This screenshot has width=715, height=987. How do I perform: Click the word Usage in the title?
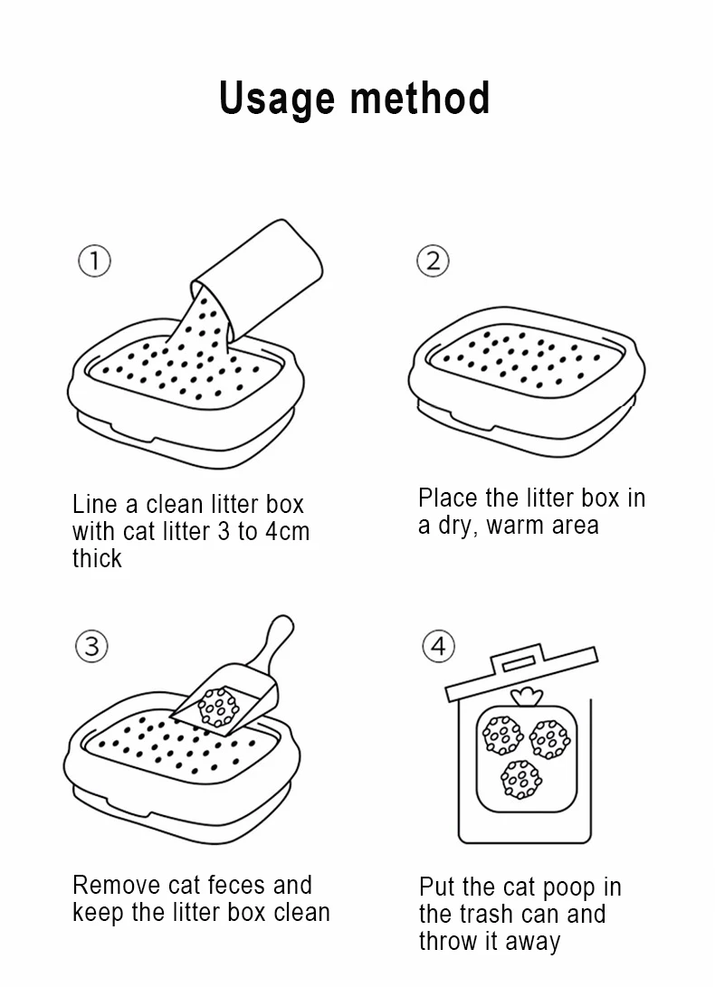277,100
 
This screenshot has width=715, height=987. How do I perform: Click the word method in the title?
420,98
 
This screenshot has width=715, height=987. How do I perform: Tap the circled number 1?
94,261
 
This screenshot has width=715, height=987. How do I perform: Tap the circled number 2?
433,261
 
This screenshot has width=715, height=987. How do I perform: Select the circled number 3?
92,647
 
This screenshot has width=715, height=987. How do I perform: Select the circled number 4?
438,647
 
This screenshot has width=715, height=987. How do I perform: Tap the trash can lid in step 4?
521,671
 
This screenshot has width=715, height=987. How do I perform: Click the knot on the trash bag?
527,697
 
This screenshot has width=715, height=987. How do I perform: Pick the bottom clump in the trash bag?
521,779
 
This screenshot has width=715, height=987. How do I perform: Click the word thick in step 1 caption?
97,558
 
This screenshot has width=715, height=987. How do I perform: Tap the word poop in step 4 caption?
569,888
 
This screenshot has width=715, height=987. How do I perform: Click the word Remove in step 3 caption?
117,885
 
